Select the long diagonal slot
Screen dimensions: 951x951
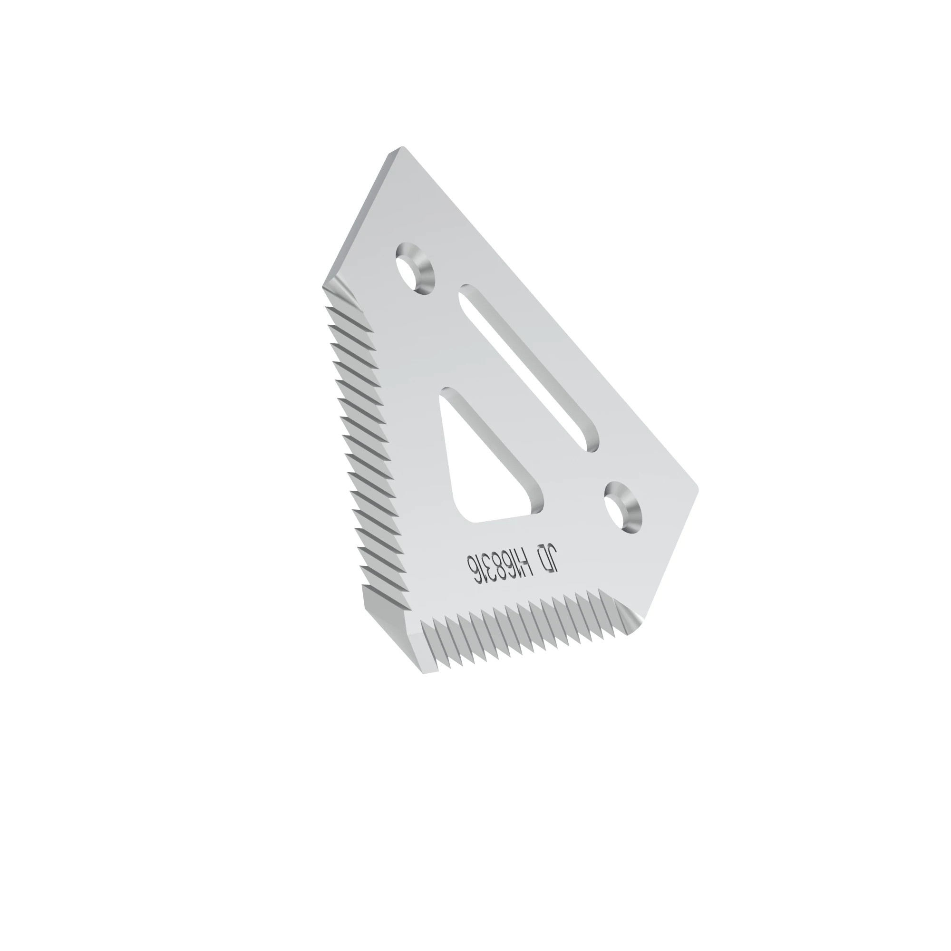tap(529, 368)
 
